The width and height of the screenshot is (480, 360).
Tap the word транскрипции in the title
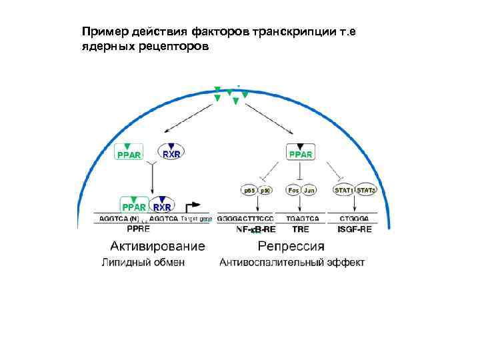[x=291, y=32]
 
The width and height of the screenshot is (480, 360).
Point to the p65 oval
[x=249, y=190]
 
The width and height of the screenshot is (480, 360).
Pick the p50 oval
[x=265, y=190]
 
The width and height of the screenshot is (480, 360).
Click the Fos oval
[x=293, y=190]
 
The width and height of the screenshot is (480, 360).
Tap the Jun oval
[x=309, y=190]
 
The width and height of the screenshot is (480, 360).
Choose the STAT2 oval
[x=366, y=190]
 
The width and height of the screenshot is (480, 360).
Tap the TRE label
[x=301, y=229]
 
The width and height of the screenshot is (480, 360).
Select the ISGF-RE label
[x=355, y=229]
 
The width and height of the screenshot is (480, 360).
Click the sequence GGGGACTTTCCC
[x=245, y=219]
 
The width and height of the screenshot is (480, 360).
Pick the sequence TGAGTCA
[x=302, y=219]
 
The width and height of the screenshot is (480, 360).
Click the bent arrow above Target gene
[x=193, y=206]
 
